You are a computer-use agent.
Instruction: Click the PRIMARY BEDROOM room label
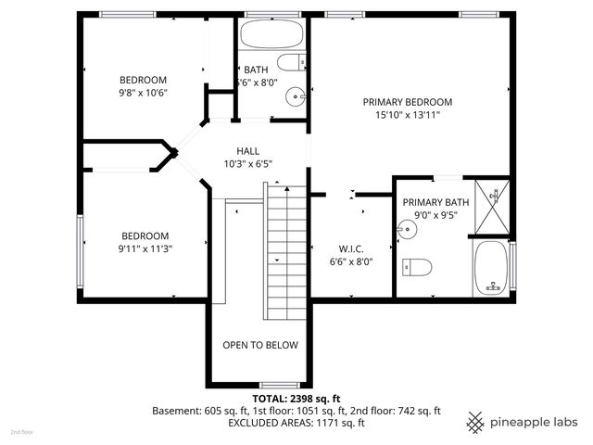[407, 102]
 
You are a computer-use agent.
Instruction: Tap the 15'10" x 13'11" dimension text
[407, 116]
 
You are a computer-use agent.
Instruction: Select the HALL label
[247, 150]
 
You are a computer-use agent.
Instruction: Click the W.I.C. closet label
[351, 248]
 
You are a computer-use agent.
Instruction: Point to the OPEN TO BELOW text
[260, 345]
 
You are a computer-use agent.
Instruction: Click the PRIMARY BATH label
[435, 202]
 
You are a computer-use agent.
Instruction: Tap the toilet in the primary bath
[418, 267]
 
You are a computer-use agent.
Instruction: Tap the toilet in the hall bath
[292, 64]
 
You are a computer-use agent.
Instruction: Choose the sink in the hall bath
[295, 95]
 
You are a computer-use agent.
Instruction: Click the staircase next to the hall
[286, 250]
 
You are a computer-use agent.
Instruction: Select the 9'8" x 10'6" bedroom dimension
[143, 94]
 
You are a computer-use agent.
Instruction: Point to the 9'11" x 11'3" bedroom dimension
[145, 248]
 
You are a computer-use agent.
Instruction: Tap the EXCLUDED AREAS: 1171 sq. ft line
[296, 423]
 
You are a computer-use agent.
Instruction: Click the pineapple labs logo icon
[475, 422]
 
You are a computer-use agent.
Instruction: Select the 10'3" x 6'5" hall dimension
[247, 164]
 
